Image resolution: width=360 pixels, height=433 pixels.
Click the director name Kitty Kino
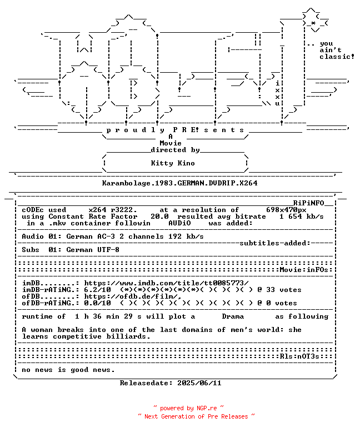[x=173, y=163]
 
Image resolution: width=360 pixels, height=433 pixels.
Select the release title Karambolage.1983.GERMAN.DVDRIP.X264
[x=179, y=183]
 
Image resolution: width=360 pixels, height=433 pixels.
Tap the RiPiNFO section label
[x=308, y=203]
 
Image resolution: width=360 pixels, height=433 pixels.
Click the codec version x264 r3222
[x=113, y=210]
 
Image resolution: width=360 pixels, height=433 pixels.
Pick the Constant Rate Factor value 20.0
[x=159, y=216]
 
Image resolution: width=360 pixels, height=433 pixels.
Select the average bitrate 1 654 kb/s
[x=302, y=216]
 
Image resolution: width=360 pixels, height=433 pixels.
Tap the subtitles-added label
[x=275, y=243]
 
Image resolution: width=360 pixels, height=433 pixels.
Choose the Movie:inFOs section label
[x=304, y=270]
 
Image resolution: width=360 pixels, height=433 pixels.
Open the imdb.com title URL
[x=166, y=283]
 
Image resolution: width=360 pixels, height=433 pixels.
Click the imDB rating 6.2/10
[x=98, y=290]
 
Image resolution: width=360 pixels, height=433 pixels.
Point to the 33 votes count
[x=284, y=290]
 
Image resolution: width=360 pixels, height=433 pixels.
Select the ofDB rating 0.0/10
[x=98, y=303]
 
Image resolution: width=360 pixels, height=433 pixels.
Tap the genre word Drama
[x=233, y=316]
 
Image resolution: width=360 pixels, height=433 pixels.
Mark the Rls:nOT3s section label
[x=299, y=356]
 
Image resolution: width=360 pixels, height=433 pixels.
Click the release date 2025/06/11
[x=199, y=383]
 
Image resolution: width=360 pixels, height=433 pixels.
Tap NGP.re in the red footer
[x=207, y=408]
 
